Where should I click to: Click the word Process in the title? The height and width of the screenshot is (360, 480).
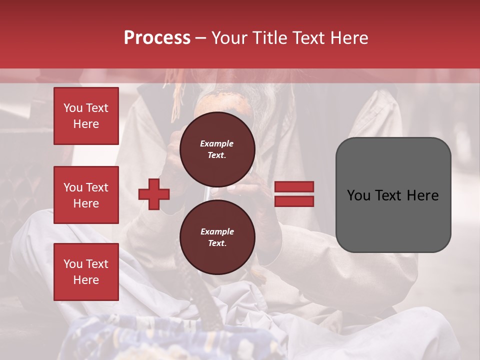tap(157, 37)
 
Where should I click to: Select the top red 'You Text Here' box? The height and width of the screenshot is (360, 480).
tap(86, 116)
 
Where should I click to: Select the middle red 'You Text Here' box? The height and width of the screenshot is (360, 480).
tap(86, 195)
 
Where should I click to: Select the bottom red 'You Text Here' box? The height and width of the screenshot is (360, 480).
tap(86, 272)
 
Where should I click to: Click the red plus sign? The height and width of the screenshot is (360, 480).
tap(154, 193)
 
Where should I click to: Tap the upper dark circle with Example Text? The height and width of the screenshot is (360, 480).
tap(217, 149)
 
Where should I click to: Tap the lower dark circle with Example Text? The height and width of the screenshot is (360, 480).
tap(217, 237)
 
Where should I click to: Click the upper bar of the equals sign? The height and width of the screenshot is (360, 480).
tap(294, 187)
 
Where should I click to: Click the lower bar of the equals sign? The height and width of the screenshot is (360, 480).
tap(294, 201)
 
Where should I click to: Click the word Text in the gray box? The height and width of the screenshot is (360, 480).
tap(392, 195)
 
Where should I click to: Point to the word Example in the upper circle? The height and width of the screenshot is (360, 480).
tap(217, 143)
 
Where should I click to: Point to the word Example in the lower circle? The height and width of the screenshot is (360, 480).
tap(217, 231)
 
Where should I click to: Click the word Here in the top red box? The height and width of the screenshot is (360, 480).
tap(86, 124)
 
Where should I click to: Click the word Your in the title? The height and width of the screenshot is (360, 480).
tap(228, 38)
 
